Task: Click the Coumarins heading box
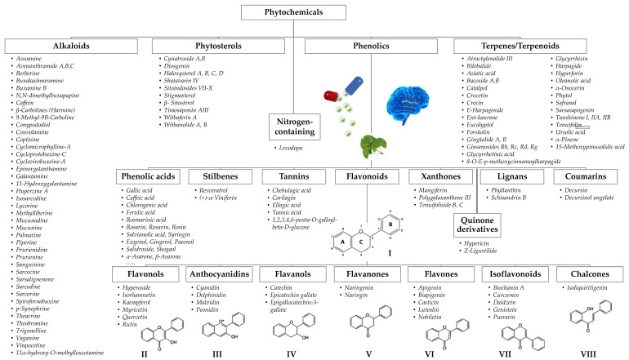click(587, 176)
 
